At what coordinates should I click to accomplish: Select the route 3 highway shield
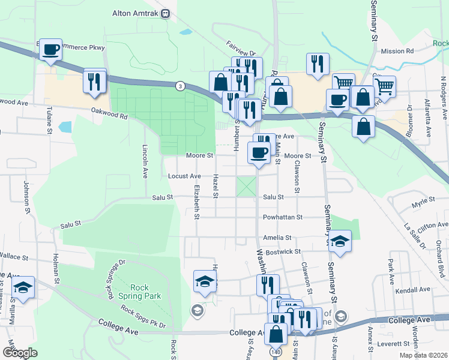179,86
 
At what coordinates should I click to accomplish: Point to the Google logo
20,353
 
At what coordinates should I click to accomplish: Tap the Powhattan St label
282,217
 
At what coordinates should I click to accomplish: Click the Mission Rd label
397,52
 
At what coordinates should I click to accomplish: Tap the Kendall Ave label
417,289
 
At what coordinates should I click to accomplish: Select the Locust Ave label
184,176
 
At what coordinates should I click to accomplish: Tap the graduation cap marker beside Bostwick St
340,242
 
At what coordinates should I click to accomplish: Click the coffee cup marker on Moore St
259,152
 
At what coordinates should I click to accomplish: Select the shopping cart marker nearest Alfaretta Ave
384,86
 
